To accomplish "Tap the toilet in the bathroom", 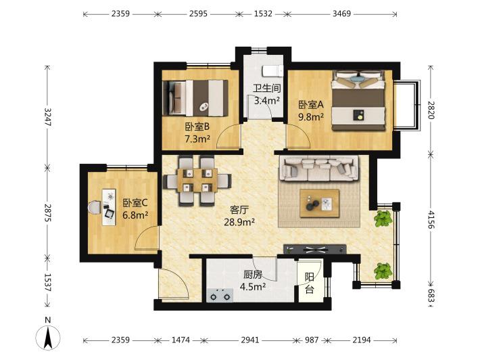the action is coord(272,71).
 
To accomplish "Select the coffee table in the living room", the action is coord(320,203).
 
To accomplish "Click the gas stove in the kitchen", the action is coord(220,295).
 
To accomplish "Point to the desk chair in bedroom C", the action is coord(95,207).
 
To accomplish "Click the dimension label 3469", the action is coord(341,14).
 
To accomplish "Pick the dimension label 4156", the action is coord(431,220).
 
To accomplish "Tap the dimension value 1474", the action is coord(181,340).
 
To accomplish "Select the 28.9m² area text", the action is coord(239,222).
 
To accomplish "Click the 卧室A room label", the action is coord(311,105).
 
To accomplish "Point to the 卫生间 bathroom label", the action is coord(266,88).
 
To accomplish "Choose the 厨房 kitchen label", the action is coord(253,275).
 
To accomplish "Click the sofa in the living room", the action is coord(319,168).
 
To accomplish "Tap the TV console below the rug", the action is coord(315,250).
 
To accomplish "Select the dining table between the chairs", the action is coord(197,180).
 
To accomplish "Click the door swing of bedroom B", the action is coord(229,137).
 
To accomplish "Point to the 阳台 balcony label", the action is coord(310,283).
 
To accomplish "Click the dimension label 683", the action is coord(431,296).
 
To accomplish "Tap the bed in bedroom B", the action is coord(195,98).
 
